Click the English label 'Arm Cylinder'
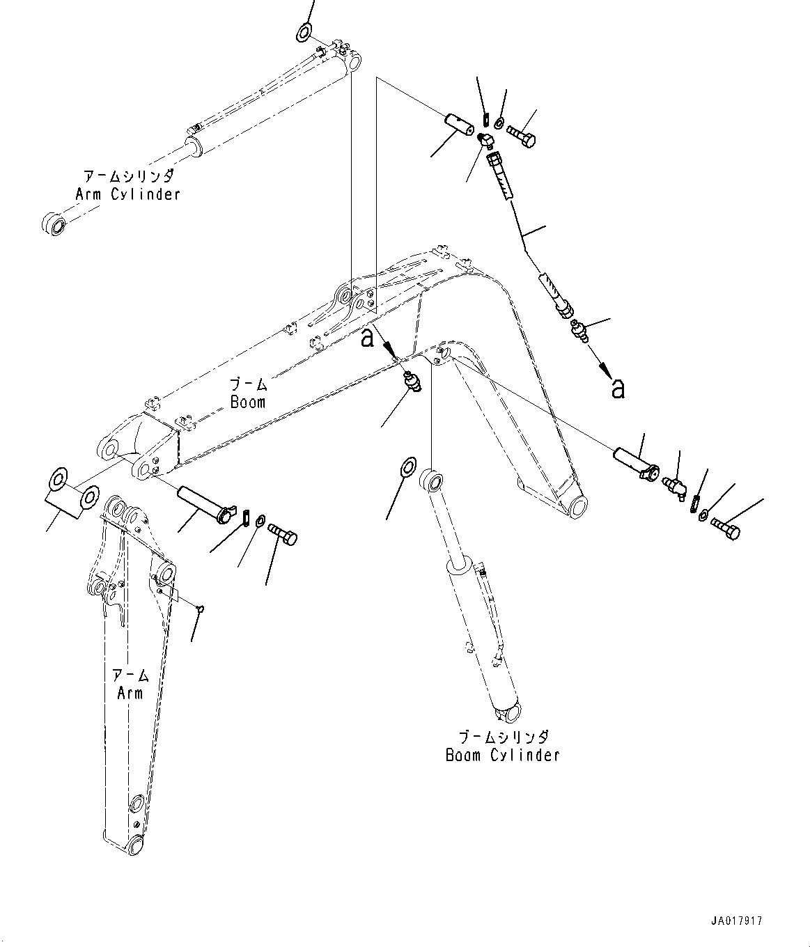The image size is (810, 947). point(128,194)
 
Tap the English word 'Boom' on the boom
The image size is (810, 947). point(248,402)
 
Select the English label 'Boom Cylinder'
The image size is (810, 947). point(502,755)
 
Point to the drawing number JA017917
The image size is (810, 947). point(737,921)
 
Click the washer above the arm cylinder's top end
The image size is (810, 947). point(304,31)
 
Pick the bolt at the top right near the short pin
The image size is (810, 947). point(521,135)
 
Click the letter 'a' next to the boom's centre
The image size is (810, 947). point(368,338)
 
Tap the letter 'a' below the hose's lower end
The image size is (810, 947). point(617,389)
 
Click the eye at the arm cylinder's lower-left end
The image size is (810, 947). point(54,224)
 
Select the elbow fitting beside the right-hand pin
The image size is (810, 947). point(674,485)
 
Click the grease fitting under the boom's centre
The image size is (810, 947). point(412,382)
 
